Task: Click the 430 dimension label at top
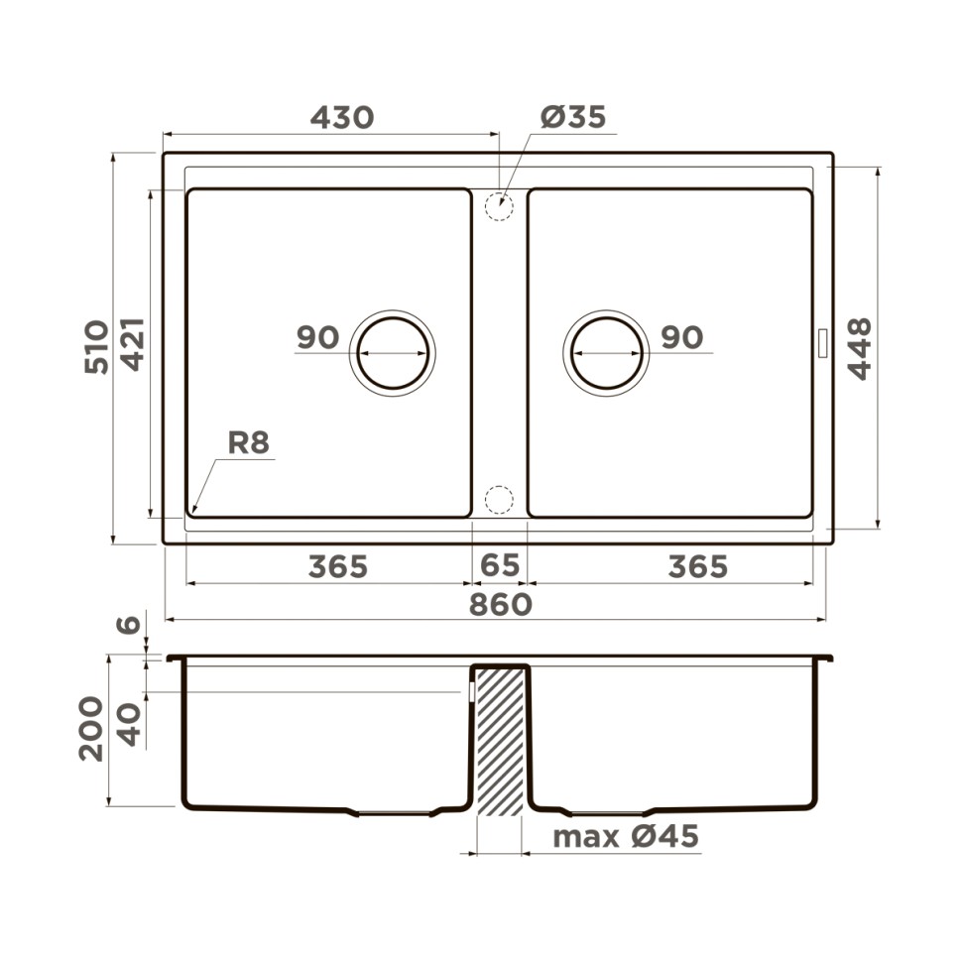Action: (342, 118)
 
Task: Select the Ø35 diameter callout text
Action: (572, 117)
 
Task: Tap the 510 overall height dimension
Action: (96, 346)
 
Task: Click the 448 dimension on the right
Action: (859, 348)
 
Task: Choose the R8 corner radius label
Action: (248, 442)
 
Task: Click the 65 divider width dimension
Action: (499, 566)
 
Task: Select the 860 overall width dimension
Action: (500, 604)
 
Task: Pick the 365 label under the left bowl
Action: (337, 567)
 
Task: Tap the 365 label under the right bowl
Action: (697, 567)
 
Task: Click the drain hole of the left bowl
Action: (393, 353)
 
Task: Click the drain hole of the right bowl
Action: (606, 353)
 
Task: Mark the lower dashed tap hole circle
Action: (499, 500)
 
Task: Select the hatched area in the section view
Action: (500, 740)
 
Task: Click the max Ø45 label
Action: (625, 837)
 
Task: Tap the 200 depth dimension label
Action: (91, 728)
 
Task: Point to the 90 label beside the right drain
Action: (681, 338)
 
